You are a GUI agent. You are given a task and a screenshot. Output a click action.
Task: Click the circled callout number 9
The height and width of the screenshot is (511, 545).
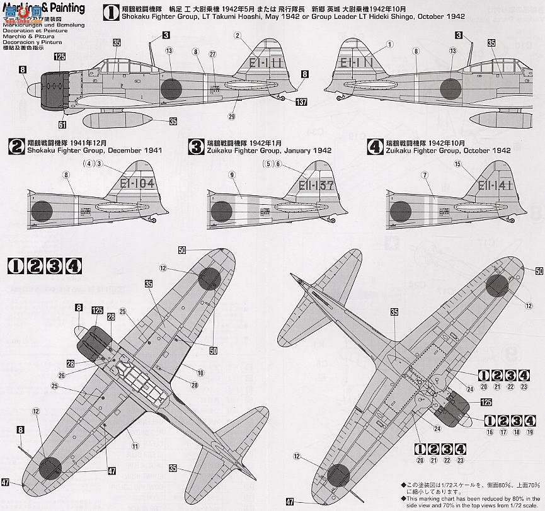232,175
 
